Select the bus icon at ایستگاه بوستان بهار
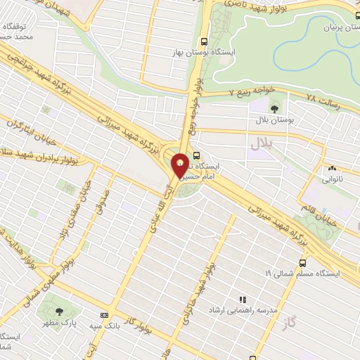204,41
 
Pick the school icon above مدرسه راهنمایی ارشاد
243,300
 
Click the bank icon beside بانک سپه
105,315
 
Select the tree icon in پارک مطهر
59,311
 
